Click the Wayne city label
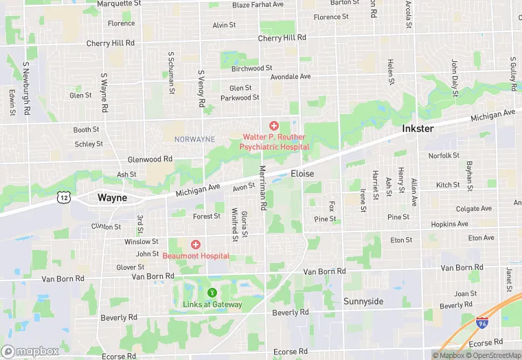point(112,197)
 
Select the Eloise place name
point(302,174)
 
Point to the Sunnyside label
point(363,302)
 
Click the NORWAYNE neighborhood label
point(194,139)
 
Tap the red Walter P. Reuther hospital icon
point(274,125)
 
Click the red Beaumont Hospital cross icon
point(196,245)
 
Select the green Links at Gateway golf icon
point(212,293)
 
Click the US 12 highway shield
point(64,197)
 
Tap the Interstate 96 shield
point(482,322)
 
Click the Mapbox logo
point(30,351)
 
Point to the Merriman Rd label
point(262,188)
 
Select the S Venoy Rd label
point(201,88)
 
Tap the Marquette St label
point(119,3)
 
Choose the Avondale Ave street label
point(291,76)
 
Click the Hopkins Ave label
point(449,224)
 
